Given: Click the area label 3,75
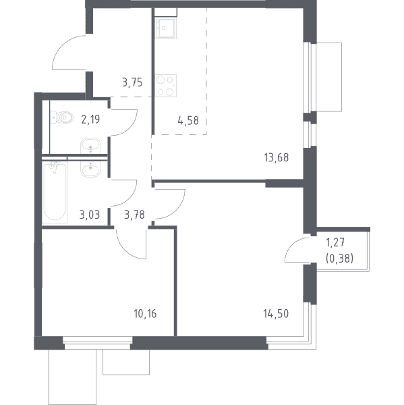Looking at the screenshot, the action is point(132,82).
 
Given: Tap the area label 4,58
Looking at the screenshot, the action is point(188,121).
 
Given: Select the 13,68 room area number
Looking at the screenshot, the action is point(277,157).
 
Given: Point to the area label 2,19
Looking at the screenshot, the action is point(90,119).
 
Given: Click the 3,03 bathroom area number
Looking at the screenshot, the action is point(90,215).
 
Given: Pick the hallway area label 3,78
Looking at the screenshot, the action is point(134,215).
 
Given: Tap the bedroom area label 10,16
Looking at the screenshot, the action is point(145,314).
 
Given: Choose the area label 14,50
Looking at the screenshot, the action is point(276,314).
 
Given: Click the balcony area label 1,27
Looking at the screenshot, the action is point(335,243).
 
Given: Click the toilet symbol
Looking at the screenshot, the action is point(61,117).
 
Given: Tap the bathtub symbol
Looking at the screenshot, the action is point(55,192).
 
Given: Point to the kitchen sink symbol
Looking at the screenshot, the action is point(165,28).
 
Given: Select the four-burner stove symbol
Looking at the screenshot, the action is point(166,86).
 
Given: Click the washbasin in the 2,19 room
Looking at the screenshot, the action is point(90,146).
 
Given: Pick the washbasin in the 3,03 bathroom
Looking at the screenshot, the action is point(90,169).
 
